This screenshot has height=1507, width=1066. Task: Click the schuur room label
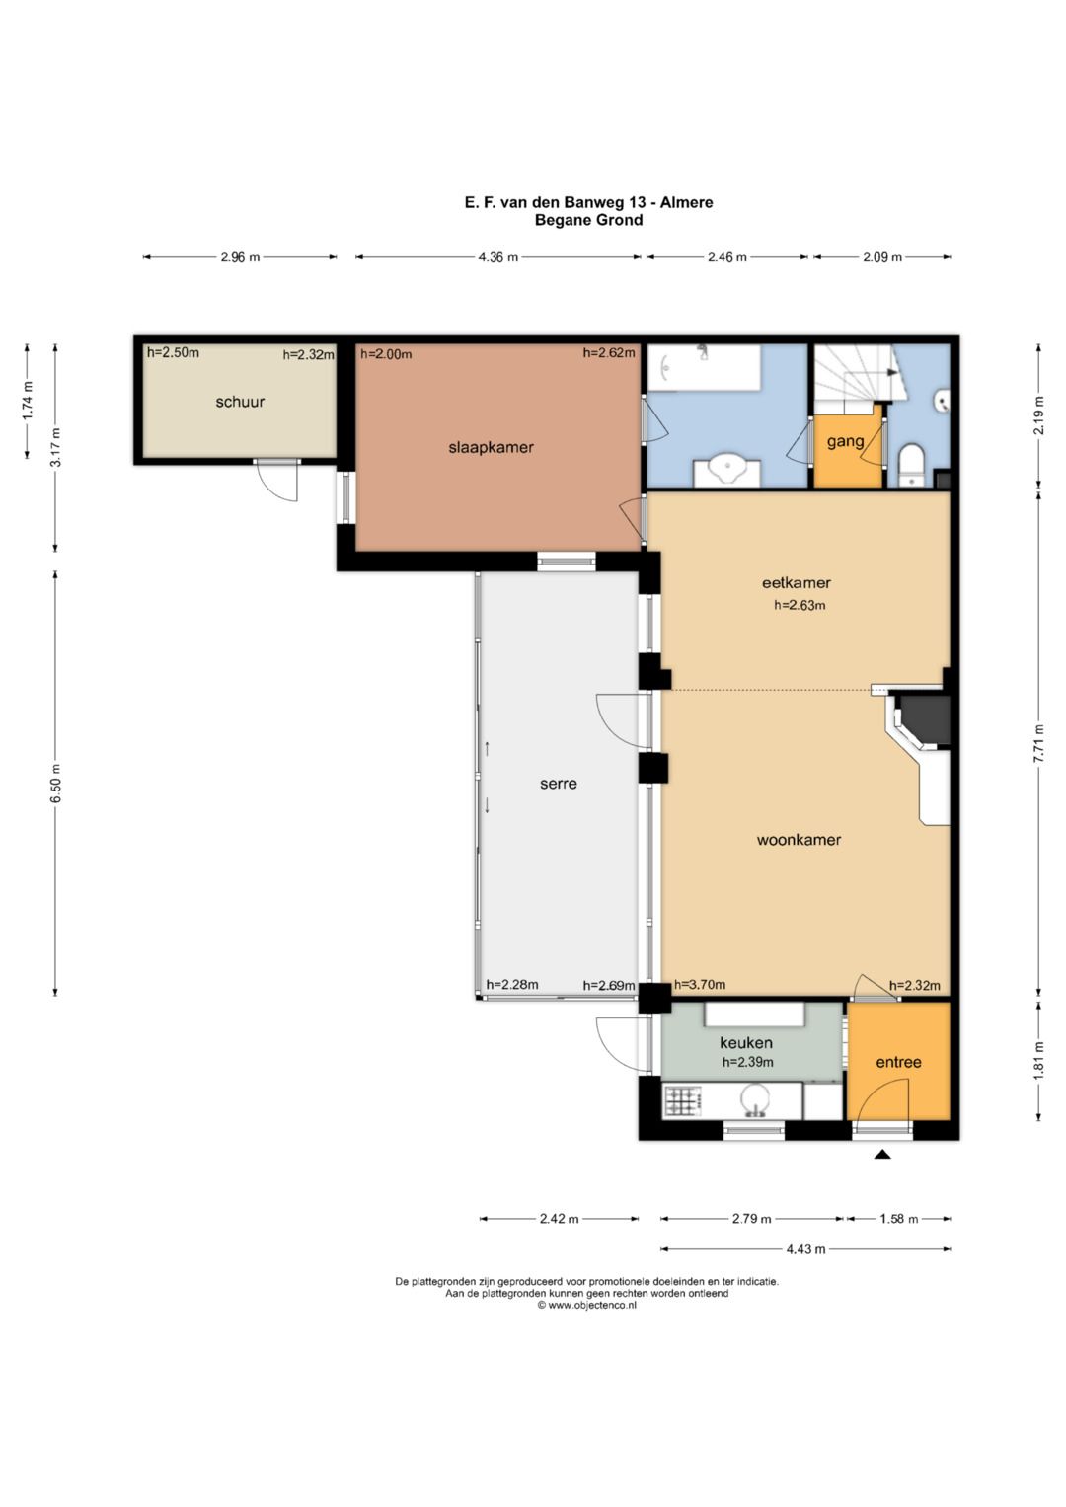click(x=240, y=403)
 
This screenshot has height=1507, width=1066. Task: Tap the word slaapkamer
click(x=491, y=447)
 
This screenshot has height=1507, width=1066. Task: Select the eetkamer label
click(x=797, y=582)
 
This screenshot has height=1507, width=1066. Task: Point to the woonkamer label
click(x=799, y=840)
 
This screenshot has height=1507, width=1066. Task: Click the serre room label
click(x=558, y=784)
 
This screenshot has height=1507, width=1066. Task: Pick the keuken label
click(x=745, y=1043)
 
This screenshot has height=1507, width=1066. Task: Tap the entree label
click(x=898, y=1062)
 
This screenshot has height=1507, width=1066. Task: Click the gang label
click(x=845, y=442)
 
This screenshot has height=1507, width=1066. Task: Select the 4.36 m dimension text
click(x=498, y=257)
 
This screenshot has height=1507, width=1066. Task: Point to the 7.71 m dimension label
click(x=1039, y=743)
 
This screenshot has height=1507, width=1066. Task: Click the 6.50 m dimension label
click(x=56, y=783)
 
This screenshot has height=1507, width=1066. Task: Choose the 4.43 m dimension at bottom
click(x=805, y=1249)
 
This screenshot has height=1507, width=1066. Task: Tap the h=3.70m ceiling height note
click(x=699, y=984)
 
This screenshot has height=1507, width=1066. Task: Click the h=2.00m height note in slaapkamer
click(x=386, y=354)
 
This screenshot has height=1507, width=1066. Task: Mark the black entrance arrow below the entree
click(x=882, y=1155)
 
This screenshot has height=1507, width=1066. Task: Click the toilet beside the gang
click(x=913, y=464)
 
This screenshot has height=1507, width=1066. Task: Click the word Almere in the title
click(x=686, y=202)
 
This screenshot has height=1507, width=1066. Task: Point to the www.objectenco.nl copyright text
click(x=586, y=1305)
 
